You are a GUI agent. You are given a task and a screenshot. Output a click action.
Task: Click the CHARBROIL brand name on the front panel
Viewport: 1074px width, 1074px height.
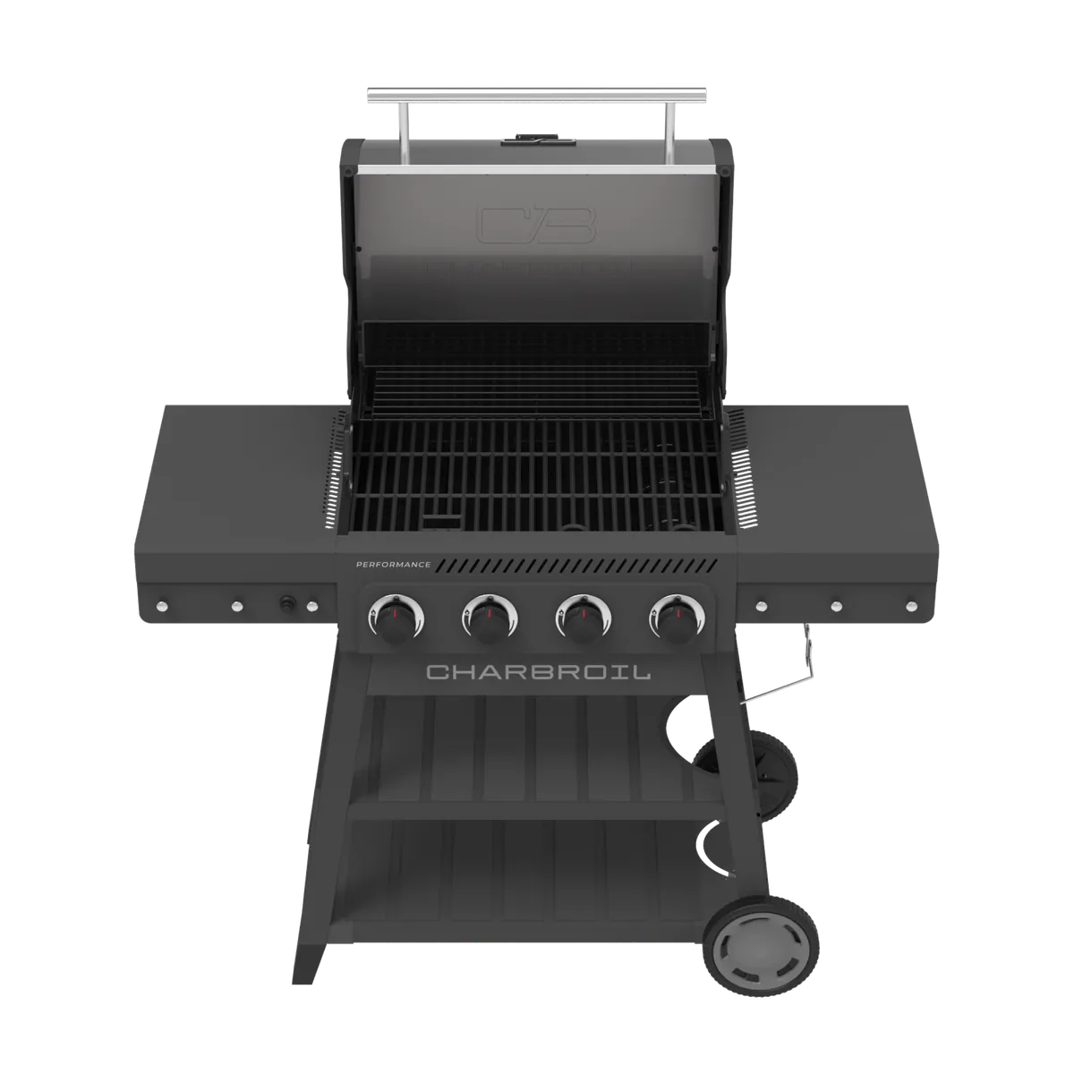(x=537, y=672)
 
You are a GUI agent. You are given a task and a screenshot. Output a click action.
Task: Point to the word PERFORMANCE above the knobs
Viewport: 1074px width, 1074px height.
(x=393, y=565)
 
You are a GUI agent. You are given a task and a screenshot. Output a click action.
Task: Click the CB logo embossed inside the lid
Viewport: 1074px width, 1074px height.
(x=537, y=226)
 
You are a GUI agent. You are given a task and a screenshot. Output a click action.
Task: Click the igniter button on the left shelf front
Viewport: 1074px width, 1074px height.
(x=289, y=604)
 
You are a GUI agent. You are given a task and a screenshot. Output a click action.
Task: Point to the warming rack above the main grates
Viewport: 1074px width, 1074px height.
(x=537, y=380)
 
